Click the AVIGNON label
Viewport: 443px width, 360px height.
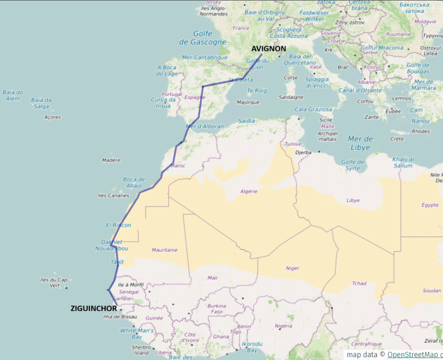(x=268, y=48)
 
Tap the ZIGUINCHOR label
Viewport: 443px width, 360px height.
(x=94, y=309)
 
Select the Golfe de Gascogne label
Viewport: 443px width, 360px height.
(x=203, y=38)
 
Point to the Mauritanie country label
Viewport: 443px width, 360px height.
(x=165, y=250)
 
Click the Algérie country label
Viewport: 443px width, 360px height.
(x=249, y=191)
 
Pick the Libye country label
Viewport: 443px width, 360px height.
(x=353, y=200)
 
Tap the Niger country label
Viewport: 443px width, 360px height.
(x=292, y=268)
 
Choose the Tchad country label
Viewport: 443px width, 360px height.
(x=359, y=283)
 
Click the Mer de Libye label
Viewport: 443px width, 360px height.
(x=360, y=143)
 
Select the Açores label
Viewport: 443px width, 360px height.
(x=52, y=117)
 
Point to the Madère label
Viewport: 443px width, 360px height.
(x=111, y=160)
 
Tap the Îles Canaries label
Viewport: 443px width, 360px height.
(x=114, y=196)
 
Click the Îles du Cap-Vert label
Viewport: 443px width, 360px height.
(x=54, y=283)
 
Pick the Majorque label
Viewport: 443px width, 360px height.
(x=248, y=102)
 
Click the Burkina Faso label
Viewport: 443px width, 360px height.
(x=217, y=309)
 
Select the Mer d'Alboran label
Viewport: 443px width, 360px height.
(x=204, y=126)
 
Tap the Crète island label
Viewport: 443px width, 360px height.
(x=397, y=139)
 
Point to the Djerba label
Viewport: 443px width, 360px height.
(x=303, y=153)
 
